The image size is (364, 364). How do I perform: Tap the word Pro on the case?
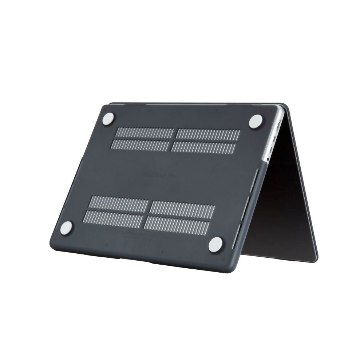pyautogui.click(x=173, y=176)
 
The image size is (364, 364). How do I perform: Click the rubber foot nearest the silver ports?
pyautogui.click(x=256, y=121)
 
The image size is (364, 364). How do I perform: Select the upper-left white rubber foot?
pyautogui.click(x=108, y=119)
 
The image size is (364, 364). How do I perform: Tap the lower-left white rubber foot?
pyautogui.click(x=66, y=228)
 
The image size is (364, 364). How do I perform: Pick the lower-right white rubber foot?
pyautogui.click(x=215, y=244)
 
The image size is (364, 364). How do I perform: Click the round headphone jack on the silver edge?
pyautogui.click(x=268, y=159)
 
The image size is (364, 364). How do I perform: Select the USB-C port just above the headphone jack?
pyautogui.click(x=273, y=149)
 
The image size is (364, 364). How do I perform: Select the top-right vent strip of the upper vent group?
pyautogui.click(x=208, y=134)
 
